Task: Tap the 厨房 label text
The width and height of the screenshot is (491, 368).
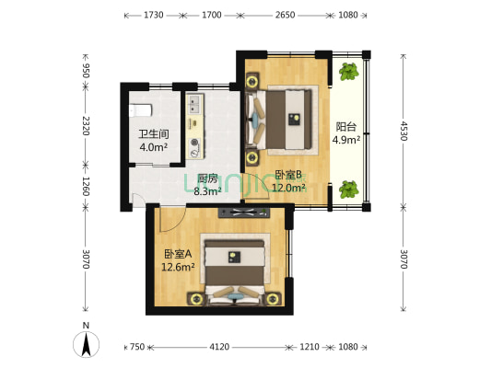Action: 207,178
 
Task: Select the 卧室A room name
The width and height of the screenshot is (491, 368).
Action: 178,254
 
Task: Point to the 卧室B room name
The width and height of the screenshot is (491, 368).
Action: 288,175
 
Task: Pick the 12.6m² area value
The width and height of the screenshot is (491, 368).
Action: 178,268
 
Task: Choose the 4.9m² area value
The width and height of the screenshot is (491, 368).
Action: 346,141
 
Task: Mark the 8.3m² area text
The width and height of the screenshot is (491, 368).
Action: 207,191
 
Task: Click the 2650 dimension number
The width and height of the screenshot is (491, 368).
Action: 285,16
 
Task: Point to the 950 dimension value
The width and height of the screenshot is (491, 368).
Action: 86,71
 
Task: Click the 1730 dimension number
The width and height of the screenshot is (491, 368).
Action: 154,16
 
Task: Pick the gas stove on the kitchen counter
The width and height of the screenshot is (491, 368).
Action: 194,144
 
